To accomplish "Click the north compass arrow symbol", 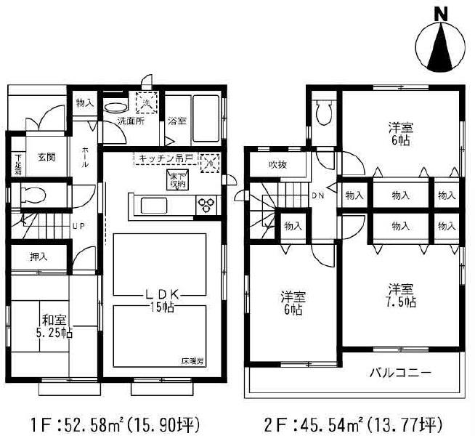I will pos(438,45).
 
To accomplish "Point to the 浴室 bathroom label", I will pos(176,121).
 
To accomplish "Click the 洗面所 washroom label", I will pos(131,121).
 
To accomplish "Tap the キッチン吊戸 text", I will pos(166,158).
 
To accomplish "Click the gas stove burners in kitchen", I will pos(206,203).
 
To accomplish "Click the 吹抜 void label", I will pos(276,165).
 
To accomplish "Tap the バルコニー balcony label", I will pos(400,374).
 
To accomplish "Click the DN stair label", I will pos(318,195).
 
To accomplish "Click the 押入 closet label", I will pos(39,257).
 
